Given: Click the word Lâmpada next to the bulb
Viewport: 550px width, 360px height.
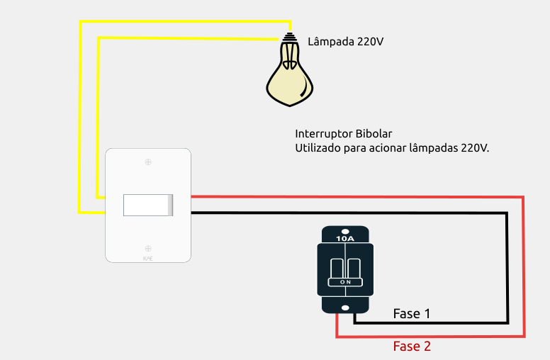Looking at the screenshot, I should (x=330, y=42).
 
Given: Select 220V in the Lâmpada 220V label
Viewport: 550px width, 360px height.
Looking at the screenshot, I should (x=370, y=42).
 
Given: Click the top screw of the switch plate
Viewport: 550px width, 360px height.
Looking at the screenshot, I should (x=148, y=162).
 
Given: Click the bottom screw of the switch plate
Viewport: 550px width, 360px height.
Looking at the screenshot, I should (x=148, y=248).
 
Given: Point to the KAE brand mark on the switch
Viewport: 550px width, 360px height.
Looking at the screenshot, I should (x=148, y=259).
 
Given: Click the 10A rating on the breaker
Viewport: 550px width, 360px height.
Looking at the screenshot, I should (x=345, y=239).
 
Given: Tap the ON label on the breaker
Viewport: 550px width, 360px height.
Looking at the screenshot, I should (x=345, y=282).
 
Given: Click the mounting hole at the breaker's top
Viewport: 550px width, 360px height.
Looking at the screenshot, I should (x=345, y=231).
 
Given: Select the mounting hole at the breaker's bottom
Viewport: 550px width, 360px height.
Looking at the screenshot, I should (x=345, y=308).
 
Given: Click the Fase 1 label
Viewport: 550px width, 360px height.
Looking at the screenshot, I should (x=412, y=313).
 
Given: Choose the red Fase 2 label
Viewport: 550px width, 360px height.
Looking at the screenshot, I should (x=412, y=347).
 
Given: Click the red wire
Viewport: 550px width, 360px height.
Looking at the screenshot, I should (x=523, y=269).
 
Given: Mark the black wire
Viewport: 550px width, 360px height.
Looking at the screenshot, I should (x=507, y=269).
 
